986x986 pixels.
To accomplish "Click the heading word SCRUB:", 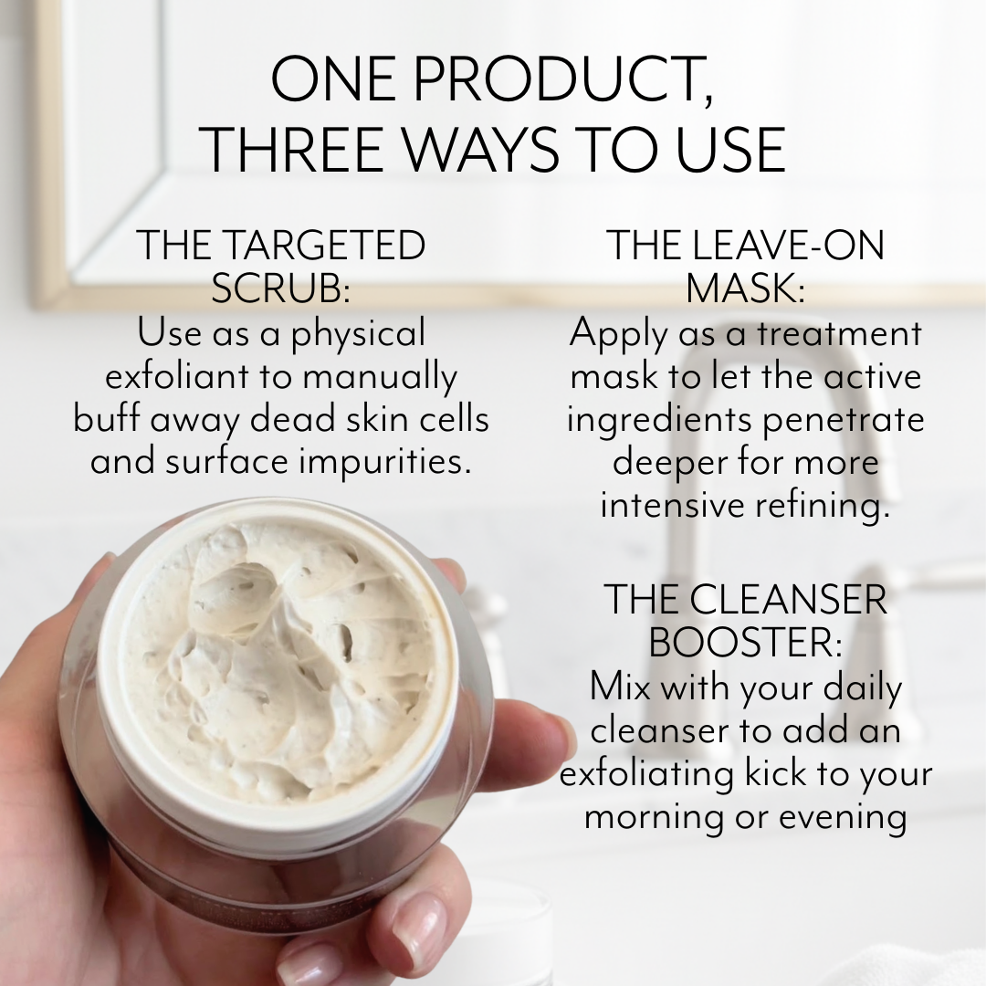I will coord(281,289).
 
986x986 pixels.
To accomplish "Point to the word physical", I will coord(359,334).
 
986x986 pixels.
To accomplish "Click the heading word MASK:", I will coord(745,289).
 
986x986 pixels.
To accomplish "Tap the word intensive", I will coord(666,505).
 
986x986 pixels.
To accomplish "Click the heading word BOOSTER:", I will coord(745,643).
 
